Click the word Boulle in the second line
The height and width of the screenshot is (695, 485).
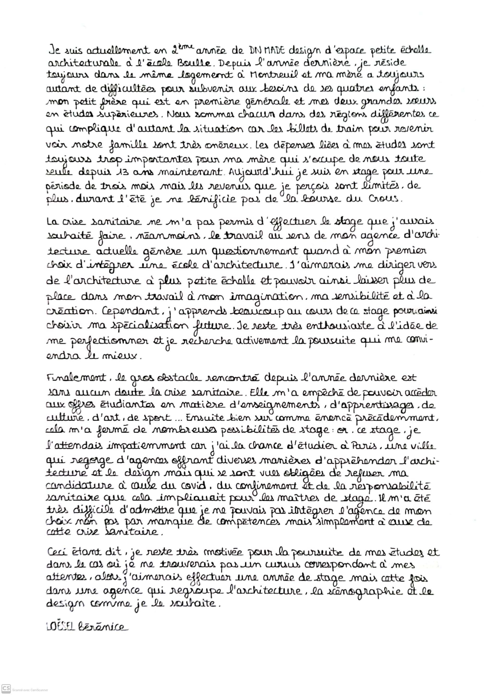click(194, 63)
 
